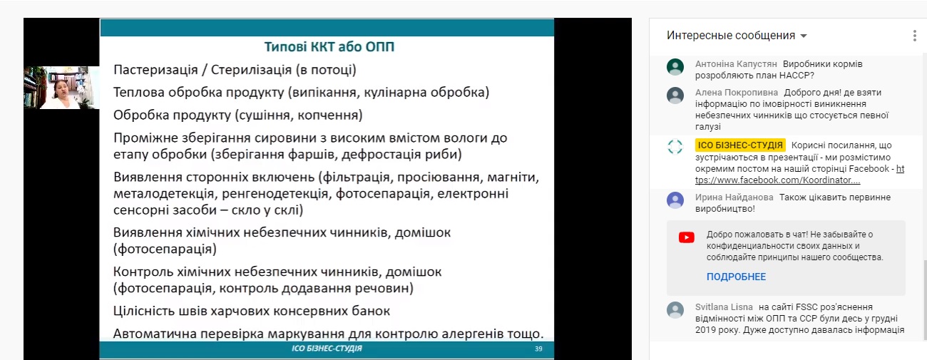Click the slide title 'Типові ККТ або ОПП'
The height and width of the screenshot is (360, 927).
[329, 46]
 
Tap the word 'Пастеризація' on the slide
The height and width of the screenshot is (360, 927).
[155, 70]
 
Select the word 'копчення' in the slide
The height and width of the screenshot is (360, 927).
[330, 115]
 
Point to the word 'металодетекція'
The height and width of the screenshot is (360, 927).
[165, 194]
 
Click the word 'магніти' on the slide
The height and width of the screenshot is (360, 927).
[513, 177]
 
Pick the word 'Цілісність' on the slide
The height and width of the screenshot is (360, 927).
[144, 311]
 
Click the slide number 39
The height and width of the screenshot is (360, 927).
[538, 349]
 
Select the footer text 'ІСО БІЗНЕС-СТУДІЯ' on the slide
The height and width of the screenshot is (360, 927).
[327, 349]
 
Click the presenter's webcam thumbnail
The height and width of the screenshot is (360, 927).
[61, 88]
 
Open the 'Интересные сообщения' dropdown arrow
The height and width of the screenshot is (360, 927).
[804, 36]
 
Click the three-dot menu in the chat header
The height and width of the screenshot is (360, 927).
[915, 36]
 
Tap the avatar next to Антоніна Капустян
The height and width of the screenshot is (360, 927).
[675, 66]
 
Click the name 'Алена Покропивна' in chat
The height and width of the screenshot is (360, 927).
[737, 92]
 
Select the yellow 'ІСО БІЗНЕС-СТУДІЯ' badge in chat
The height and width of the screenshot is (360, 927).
[740, 145]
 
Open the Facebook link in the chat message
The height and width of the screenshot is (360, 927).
[799, 175]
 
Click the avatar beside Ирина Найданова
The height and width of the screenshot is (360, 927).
[675, 200]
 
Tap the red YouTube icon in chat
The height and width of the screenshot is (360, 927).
[687, 237]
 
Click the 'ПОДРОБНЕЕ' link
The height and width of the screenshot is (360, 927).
[736, 277]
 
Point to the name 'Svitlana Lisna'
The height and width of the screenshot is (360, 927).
[724, 307]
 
